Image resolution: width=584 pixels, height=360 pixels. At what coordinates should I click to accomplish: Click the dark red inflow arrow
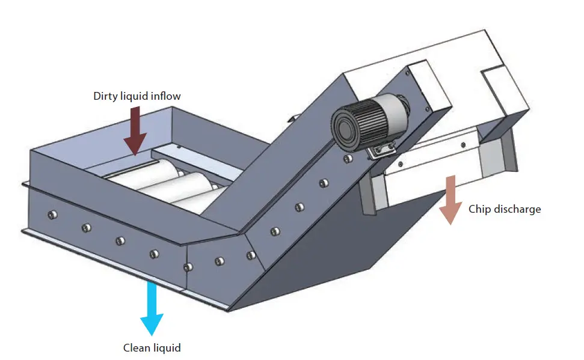pyautogui.click(x=135, y=129)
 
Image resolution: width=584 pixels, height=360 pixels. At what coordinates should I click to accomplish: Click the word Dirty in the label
pyautogui.click(x=105, y=96)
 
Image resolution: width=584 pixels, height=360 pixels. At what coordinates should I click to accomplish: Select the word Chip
pyautogui.click(x=479, y=209)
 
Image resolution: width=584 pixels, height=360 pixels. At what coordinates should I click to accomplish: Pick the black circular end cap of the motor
pyautogui.click(x=345, y=128)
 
